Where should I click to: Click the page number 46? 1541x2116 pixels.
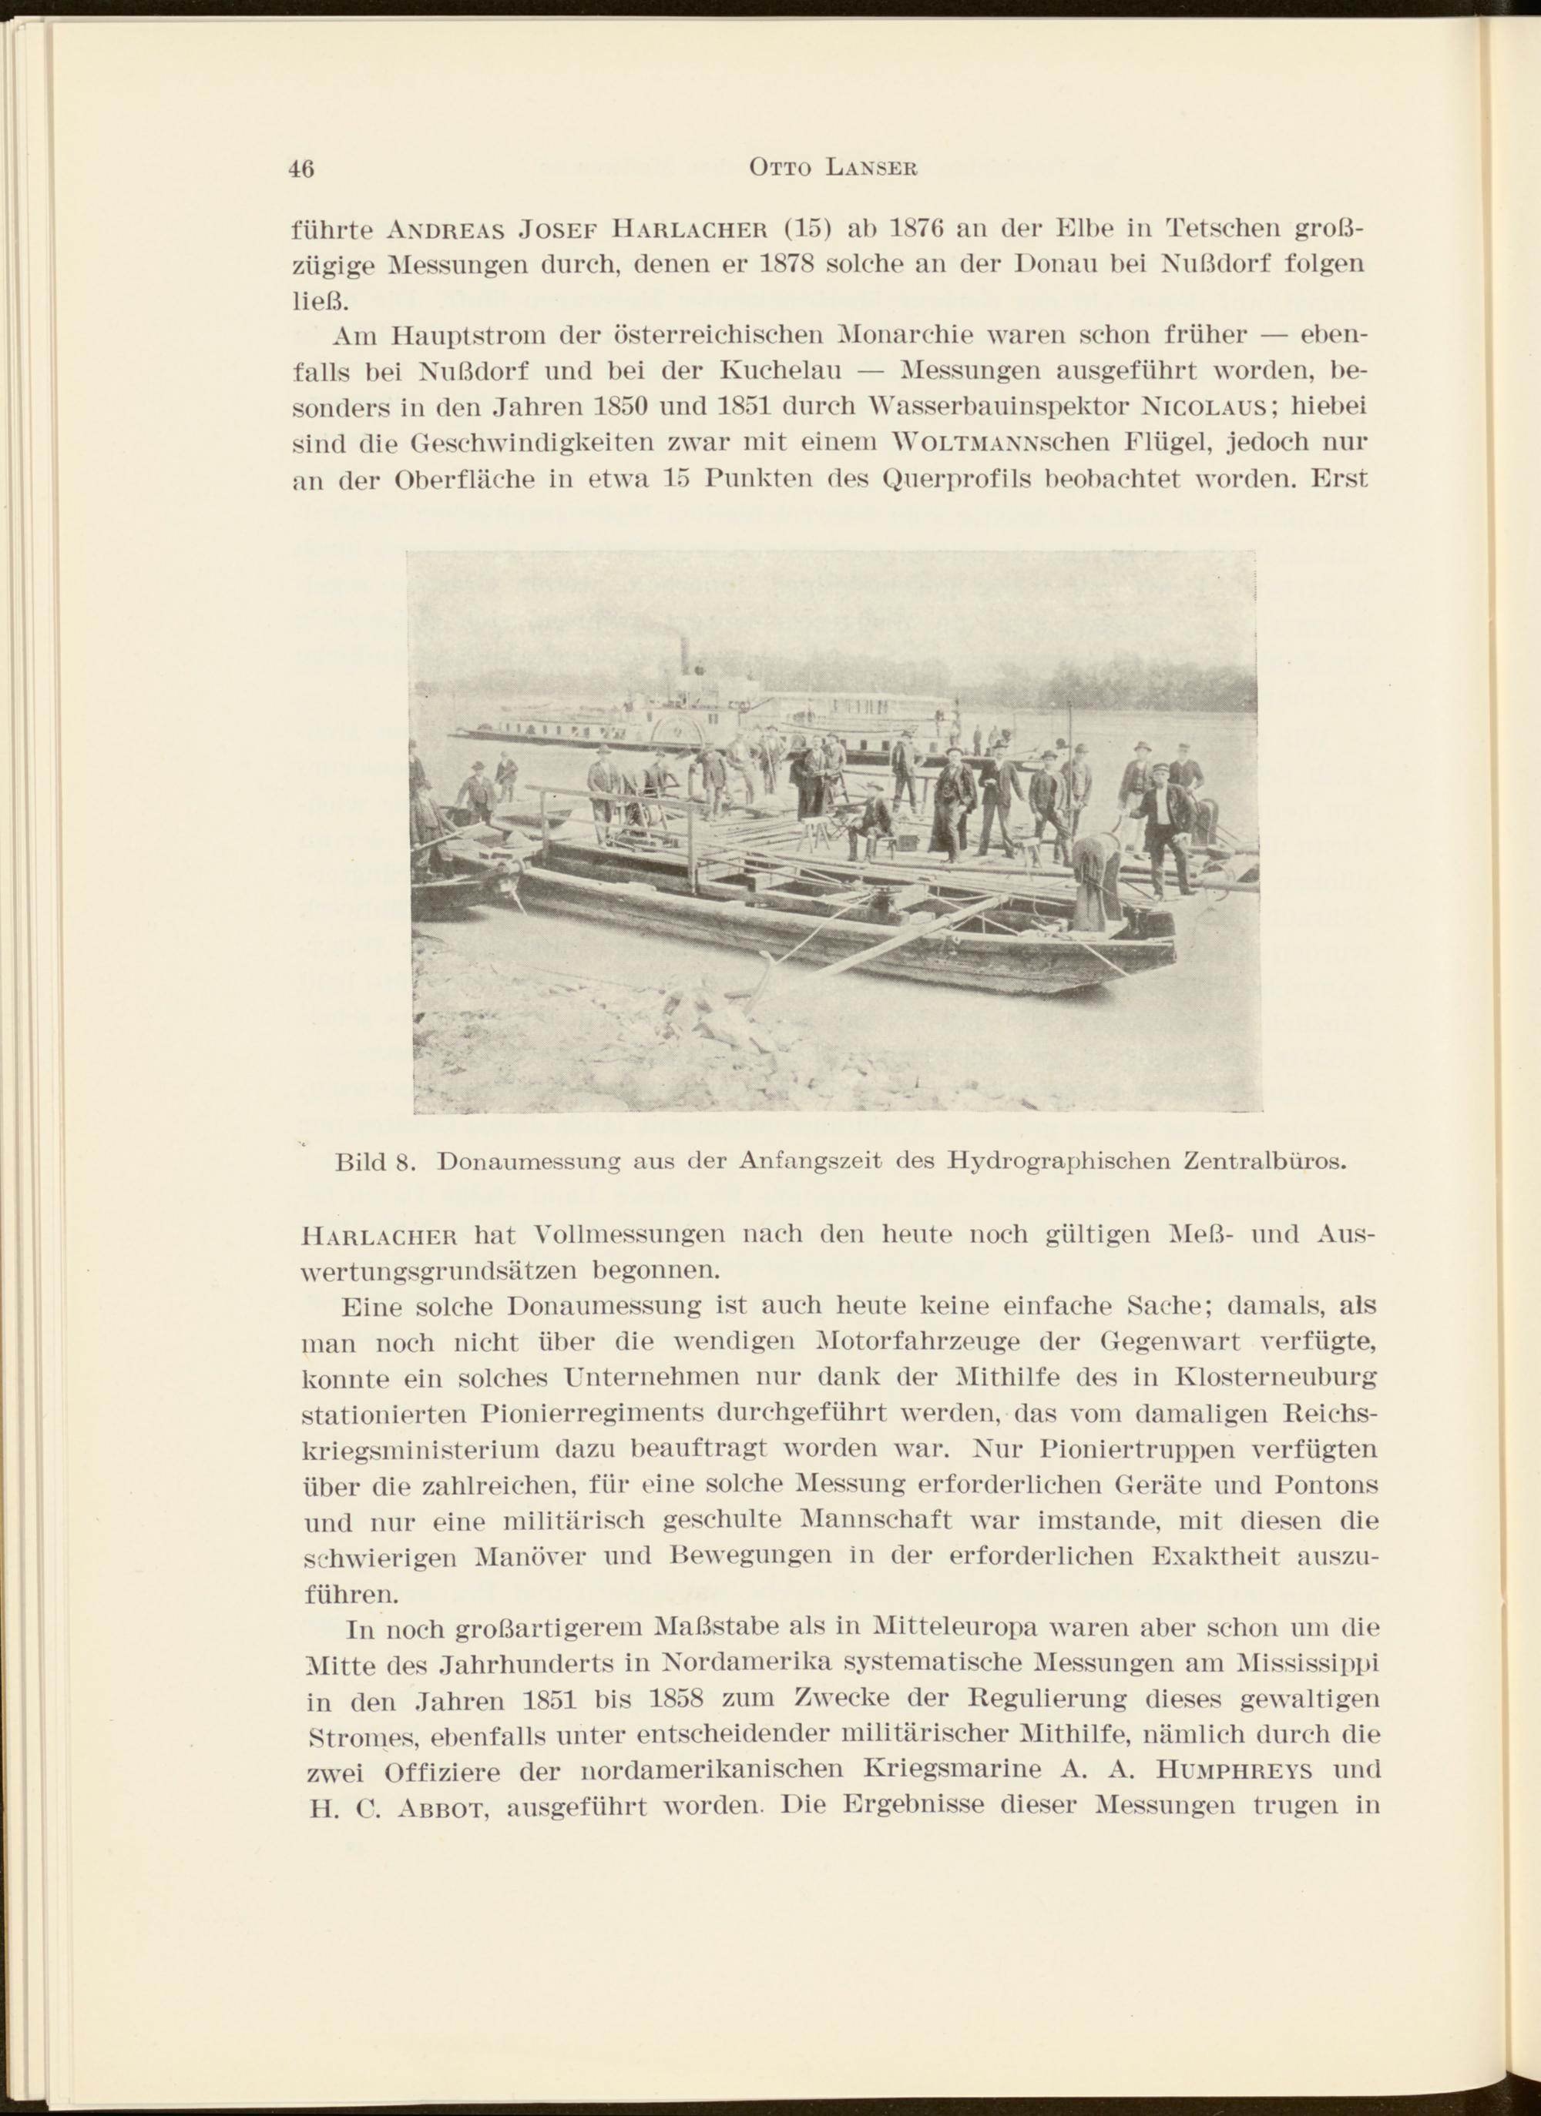pos(301,169)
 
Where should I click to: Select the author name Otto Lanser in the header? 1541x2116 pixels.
pos(834,168)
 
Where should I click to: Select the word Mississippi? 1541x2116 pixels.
pos(1306,1663)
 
